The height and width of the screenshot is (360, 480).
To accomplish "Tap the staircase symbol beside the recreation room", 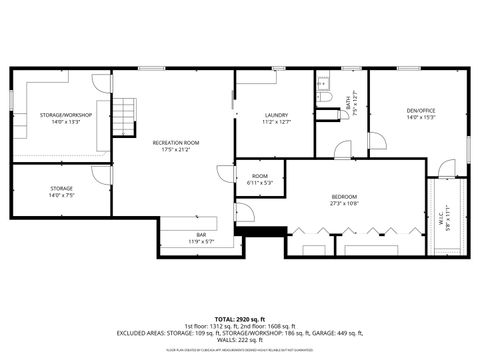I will [x=121, y=116].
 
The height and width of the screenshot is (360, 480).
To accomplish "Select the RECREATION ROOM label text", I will [x=176, y=143].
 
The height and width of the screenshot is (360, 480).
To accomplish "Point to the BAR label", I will [x=201, y=235].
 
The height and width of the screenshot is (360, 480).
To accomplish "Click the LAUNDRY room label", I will [x=276, y=116].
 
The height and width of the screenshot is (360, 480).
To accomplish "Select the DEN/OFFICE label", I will [x=420, y=111].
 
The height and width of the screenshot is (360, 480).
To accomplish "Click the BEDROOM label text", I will [x=344, y=197].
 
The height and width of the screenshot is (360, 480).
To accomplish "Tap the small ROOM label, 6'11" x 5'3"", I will [x=259, y=177].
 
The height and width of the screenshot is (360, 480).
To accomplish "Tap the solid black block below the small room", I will [x=258, y=232].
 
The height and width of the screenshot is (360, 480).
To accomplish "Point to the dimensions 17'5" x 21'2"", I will [x=176, y=151].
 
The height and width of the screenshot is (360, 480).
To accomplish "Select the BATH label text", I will [x=349, y=100].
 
